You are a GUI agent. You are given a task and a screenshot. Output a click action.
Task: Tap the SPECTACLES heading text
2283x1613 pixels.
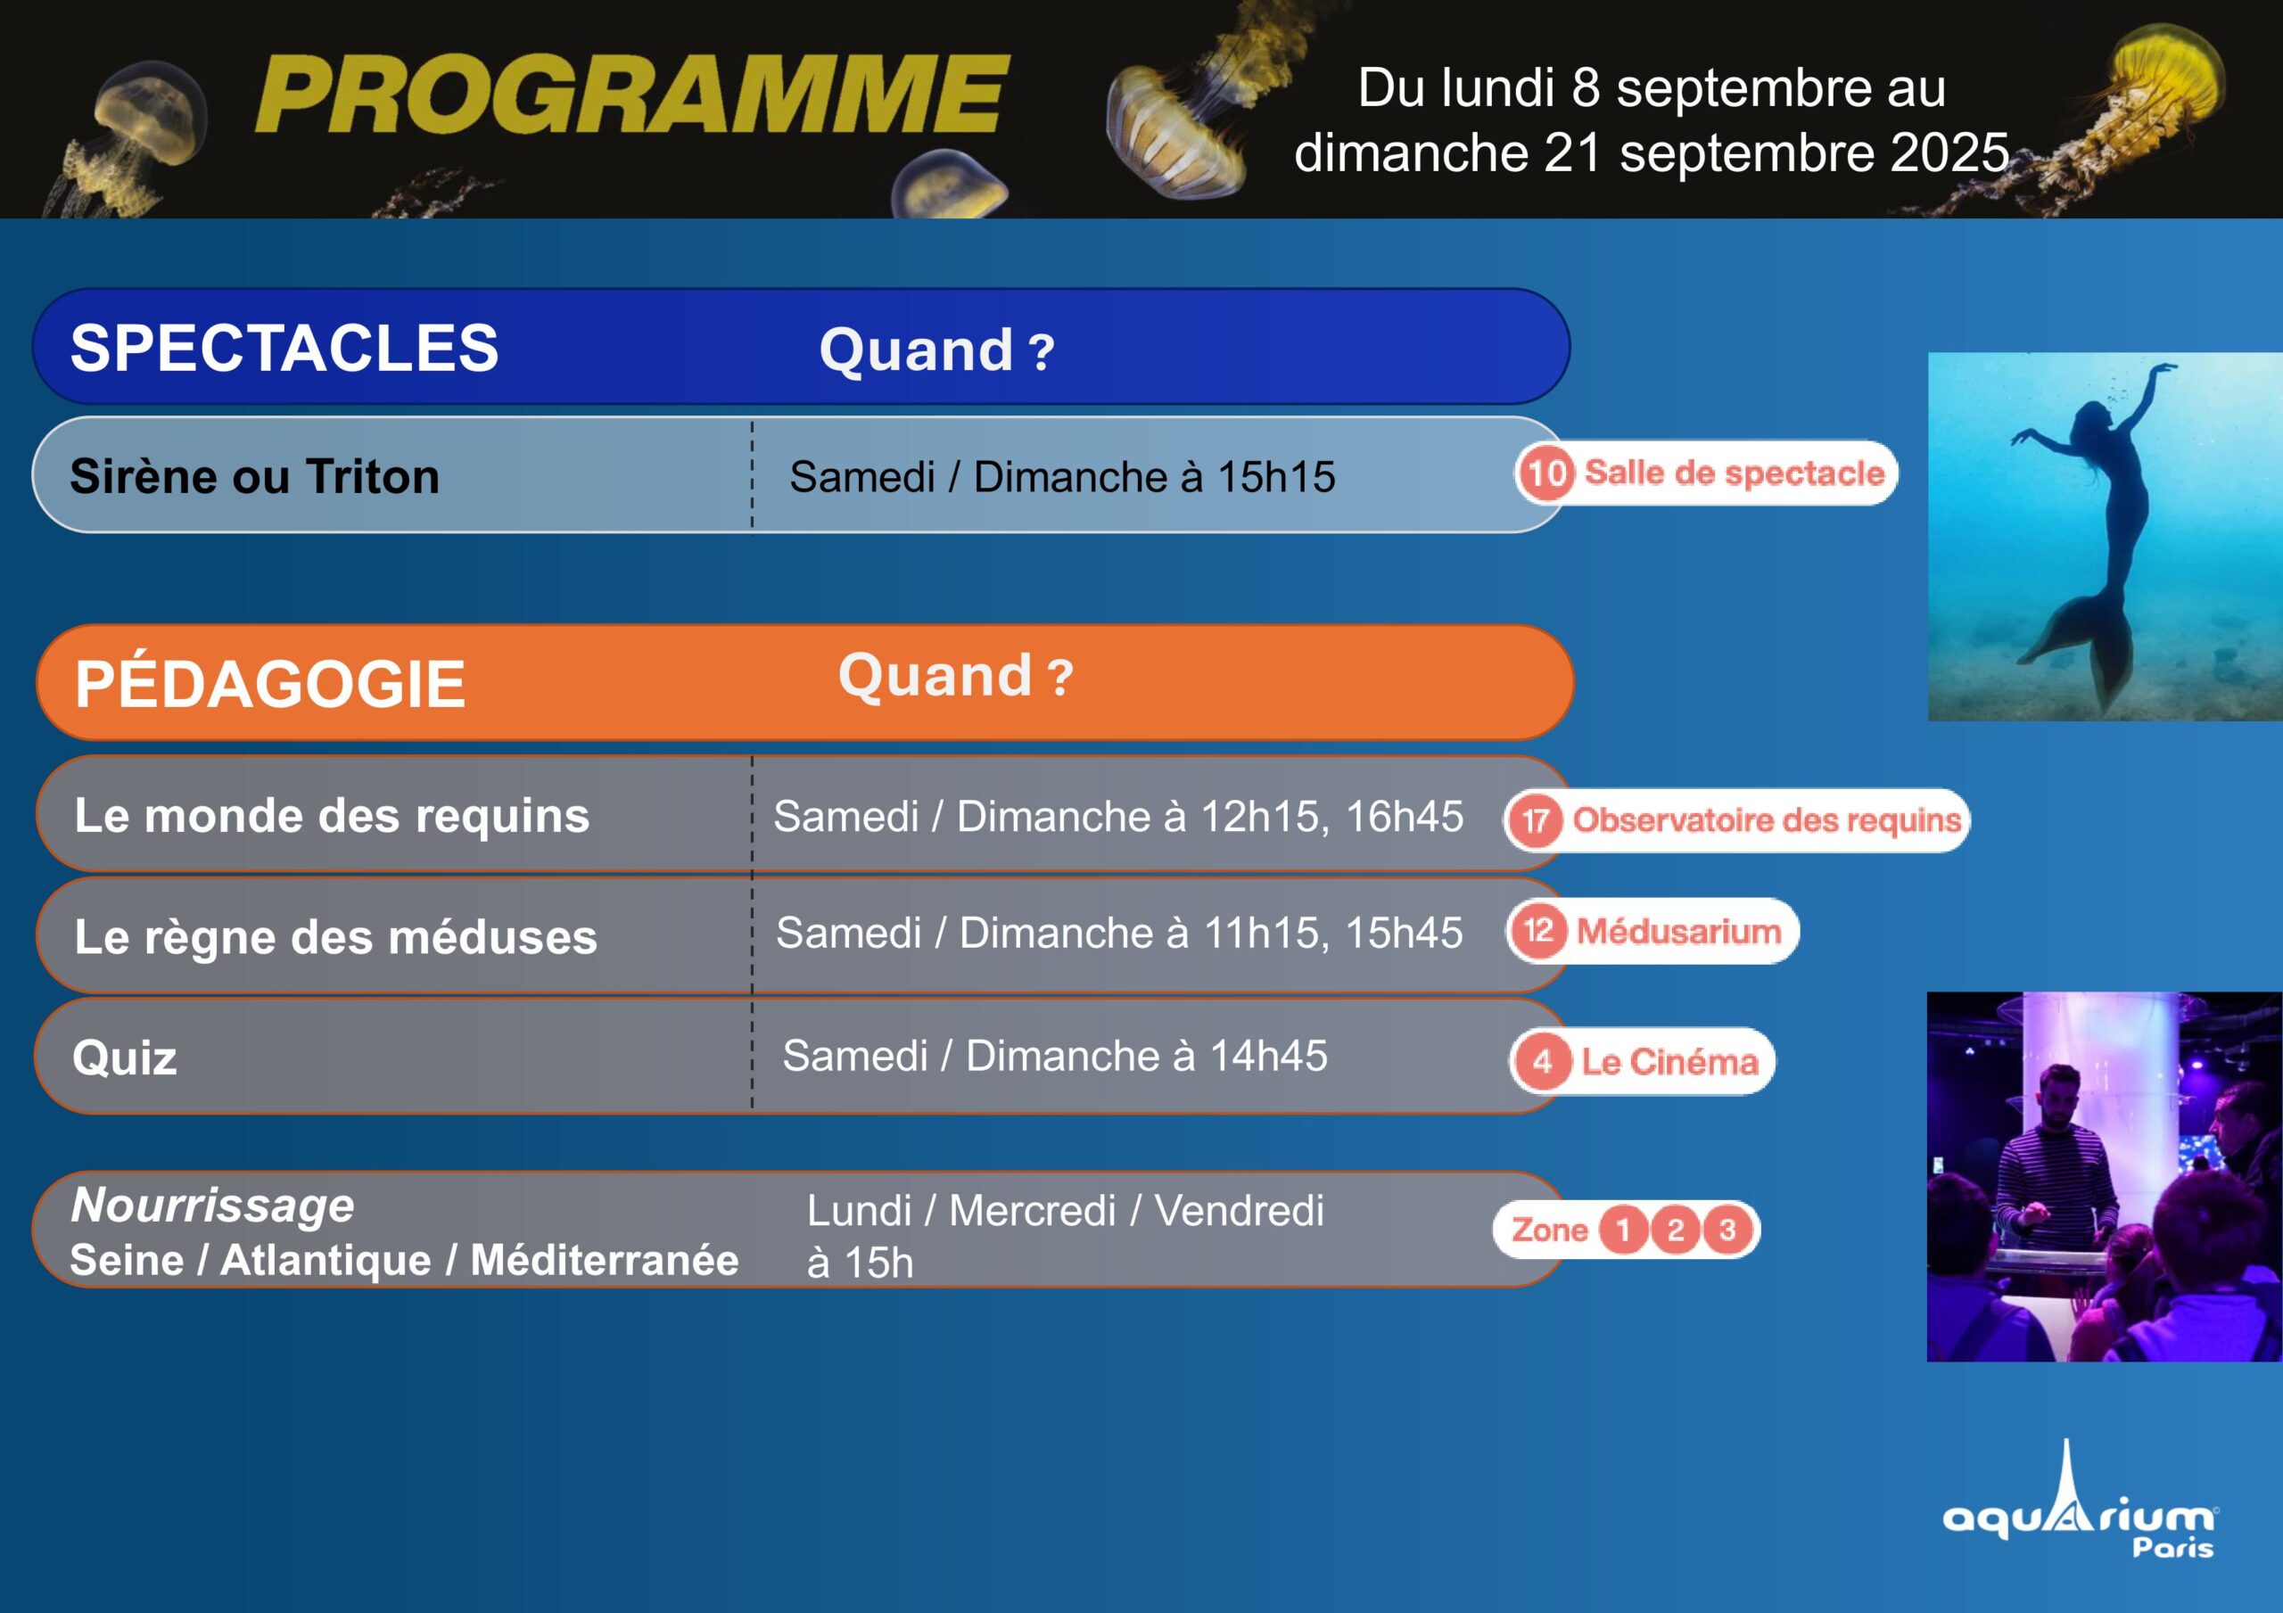point(284,348)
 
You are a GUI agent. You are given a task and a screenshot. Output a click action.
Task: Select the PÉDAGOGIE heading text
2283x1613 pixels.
point(270,683)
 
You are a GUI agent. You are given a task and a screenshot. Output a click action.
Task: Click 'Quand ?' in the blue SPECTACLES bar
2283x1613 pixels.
point(936,350)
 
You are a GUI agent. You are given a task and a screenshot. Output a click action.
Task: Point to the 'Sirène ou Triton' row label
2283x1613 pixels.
point(254,476)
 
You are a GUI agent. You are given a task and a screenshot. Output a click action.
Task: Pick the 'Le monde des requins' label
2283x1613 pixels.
point(332,816)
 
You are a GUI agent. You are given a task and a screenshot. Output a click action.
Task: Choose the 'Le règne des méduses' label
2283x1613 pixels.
point(336,937)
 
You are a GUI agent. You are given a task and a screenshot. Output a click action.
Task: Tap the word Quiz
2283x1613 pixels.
point(125,1058)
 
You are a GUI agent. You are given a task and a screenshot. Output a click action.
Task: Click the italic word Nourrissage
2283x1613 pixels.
point(213,1206)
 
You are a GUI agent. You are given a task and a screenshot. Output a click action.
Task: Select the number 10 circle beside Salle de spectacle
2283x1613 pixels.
point(1546,473)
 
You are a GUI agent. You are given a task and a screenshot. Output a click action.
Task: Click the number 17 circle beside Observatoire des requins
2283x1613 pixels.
point(1536,820)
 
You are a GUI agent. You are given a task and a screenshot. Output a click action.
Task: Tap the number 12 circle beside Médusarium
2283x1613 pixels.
point(1538,931)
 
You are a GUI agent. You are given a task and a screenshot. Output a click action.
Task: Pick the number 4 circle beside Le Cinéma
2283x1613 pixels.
point(1542,1062)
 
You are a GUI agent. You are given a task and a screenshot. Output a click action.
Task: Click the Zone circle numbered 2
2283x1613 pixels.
point(1676,1230)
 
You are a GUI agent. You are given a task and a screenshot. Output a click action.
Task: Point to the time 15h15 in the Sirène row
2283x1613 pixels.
point(1277,477)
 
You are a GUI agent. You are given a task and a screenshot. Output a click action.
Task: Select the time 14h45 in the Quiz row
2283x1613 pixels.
point(1268,1056)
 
